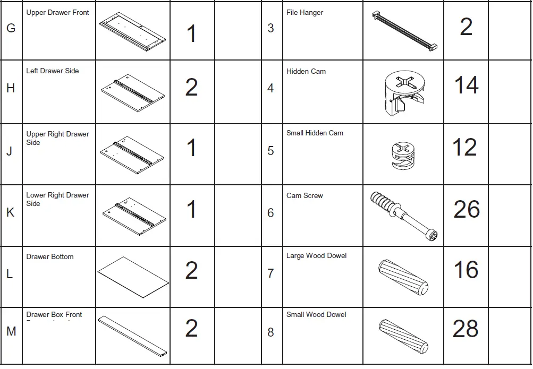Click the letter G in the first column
click(11, 29)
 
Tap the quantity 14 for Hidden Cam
click(466, 85)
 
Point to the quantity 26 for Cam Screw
click(467, 210)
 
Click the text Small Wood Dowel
click(316, 315)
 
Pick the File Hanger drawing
click(404, 30)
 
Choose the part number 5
click(270, 151)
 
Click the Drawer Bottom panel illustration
click(133, 278)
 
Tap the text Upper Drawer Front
click(57, 12)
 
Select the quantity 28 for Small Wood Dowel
click(466, 329)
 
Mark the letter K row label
click(10, 213)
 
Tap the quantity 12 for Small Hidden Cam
click(464, 148)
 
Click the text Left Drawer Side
click(52, 71)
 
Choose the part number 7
click(270, 274)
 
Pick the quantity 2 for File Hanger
click(466, 27)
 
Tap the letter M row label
click(11, 332)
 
